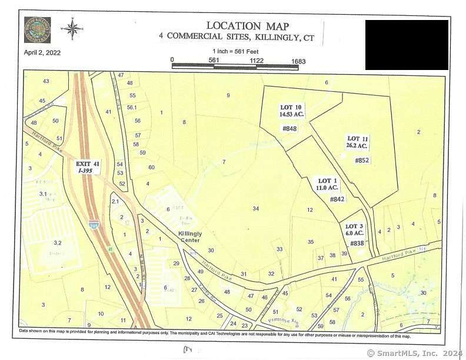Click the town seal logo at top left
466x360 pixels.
point(37,29)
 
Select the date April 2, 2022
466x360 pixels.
point(42,52)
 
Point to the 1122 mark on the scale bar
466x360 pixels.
point(255,60)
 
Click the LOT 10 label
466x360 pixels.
point(290,107)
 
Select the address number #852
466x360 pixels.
point(362,159)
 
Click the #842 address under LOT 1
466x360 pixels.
point(337,199)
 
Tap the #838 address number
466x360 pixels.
point(357,243)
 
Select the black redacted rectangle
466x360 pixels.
point(407,45)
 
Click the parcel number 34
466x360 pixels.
point(255,209)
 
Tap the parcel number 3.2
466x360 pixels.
point(57,242)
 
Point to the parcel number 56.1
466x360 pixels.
point(132,107)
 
